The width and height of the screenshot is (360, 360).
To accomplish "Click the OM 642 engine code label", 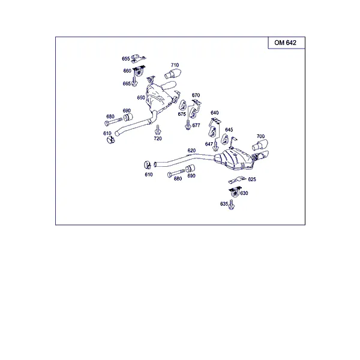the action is point(285,43).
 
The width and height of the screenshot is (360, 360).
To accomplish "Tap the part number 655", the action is point(126,59).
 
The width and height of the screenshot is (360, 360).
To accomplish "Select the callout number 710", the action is point(175,65).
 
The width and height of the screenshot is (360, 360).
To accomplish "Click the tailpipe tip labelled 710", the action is point(173,73).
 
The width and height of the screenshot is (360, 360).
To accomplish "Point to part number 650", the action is point(141,98).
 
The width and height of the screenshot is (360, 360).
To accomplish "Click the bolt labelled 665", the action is point(134,82).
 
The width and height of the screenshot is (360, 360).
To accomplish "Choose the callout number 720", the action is point(158,139).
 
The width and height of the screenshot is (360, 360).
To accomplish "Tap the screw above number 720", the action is point(158,130).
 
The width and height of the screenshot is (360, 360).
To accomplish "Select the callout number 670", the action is point(196,95).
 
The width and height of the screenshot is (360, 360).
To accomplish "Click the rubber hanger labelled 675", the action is point(183,106).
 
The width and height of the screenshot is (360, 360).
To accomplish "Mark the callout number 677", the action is point(196,125).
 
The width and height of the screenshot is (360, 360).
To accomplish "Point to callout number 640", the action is point(214,113).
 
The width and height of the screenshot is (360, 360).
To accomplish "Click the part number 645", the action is point(229,130).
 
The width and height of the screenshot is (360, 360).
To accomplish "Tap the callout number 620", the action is point(191,151).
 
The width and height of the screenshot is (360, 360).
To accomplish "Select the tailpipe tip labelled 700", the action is point(260,145).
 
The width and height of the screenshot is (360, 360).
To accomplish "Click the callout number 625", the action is point(252,179).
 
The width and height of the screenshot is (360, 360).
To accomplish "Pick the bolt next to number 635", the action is point(232,205).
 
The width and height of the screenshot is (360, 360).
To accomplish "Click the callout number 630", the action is point(244,193).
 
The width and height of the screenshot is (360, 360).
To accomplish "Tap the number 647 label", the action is point(209,144).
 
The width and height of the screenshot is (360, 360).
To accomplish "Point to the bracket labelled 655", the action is point(138,58).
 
